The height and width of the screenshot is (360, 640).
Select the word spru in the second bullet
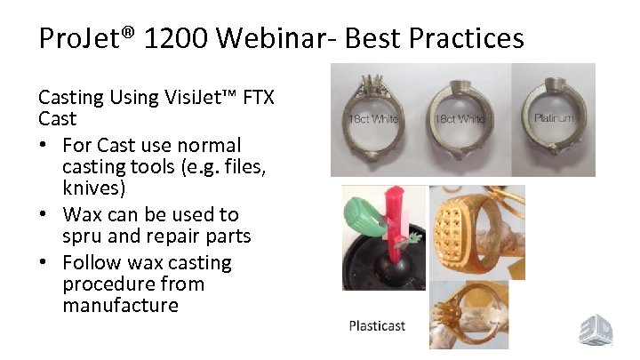(83, 236)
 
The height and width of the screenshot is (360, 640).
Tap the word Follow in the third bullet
(93, 262)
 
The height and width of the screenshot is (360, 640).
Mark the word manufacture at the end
(120, 306)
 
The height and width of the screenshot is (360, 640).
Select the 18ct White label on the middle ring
(460, 119)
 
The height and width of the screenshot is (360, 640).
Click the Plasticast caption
(376, 325)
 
